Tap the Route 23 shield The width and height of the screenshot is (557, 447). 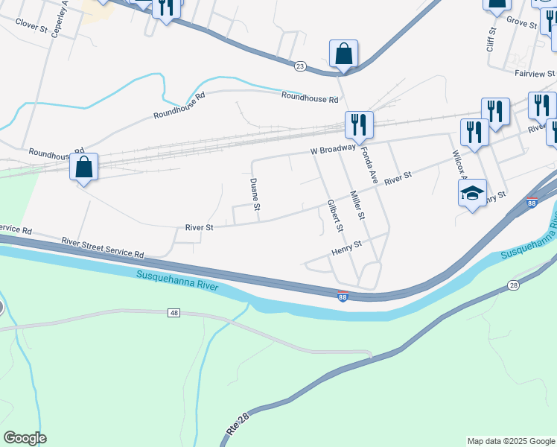click(x=300, y=66)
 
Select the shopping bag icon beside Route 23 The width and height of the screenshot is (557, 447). click(x=343, y=54)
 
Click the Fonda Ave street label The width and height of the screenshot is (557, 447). click(x=370, y=166)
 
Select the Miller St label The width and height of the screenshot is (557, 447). click(x=358, y=206)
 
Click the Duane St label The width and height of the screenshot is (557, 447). click(x=255, y=194)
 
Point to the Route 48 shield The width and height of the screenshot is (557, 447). click(x=174, y=313)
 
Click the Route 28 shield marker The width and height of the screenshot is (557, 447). click(x=514, y=285)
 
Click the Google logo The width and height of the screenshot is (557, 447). click(x=25, y=438)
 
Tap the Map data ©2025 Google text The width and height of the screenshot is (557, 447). click(x=511, y=441)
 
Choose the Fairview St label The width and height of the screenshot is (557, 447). click(x=534, y=74)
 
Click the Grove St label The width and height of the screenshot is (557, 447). click(x=521, y=24)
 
